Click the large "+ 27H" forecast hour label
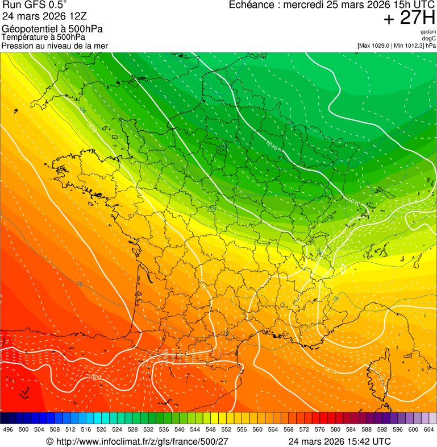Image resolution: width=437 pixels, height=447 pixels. tap(409, 18)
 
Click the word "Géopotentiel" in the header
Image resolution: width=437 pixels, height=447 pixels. tap(25, 29)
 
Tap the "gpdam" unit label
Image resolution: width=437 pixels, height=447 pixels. tap(428, 32)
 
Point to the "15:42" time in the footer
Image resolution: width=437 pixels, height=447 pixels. tap(357, 441)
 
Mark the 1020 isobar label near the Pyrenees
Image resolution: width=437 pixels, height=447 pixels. tap(95, 377)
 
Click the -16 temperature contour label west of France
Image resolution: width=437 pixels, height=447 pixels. tap(79, 283)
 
